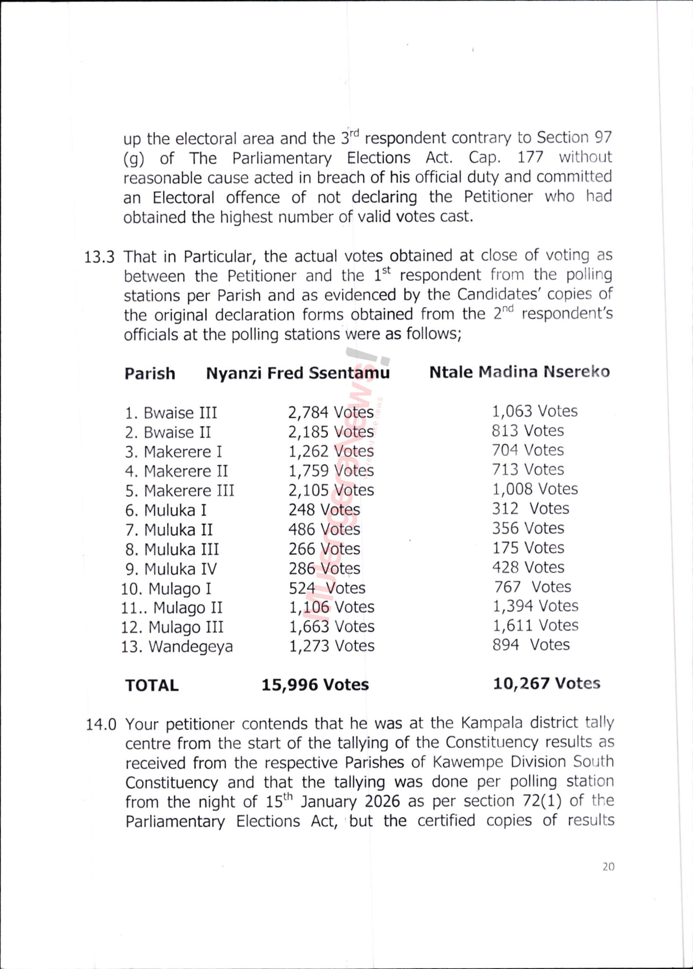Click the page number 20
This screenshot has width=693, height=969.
[x=609, y=866]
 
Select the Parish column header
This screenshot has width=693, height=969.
[x=150, y=374]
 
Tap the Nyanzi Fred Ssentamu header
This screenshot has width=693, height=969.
[x=298, y=373]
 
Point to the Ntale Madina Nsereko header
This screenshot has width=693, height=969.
[x=519, y=372]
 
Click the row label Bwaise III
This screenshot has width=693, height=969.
[x=171, y=413]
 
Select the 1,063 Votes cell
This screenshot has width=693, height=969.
[x=535, y=411]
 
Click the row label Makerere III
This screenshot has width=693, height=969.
[x=180, y=491]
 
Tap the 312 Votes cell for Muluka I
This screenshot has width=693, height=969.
[x=530, y=508]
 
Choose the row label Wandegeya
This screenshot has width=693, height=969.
[x=177, y=647]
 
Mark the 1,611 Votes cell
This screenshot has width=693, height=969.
[x=536, y=625]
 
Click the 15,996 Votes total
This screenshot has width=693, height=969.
[x=315, y=685]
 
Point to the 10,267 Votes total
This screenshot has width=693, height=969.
[x=547, y=684]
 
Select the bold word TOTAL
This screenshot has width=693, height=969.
[x=152, y=685]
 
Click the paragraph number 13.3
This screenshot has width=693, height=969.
[x=99, y=258]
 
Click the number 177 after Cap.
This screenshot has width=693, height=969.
[x=530, y=157]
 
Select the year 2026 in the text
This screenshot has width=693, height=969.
[x=382, y=802]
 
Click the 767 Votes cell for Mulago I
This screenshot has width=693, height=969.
[x=533, y=587]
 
